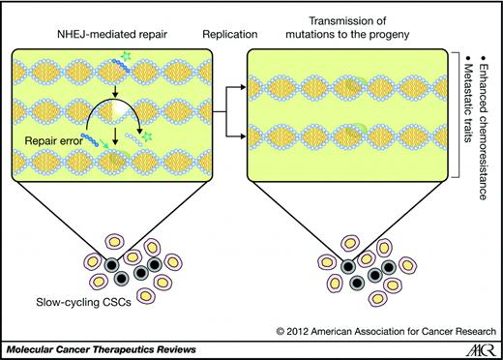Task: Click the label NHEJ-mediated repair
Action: point(97,35)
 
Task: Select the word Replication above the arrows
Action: point(227,35)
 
